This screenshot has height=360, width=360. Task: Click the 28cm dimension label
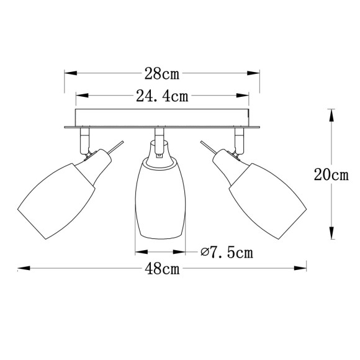tap(162, 74)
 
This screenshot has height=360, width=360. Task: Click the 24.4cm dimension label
tap(162, 96)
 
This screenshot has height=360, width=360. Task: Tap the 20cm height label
tap(331, 174)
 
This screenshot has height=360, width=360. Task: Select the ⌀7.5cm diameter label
tap(227, 253)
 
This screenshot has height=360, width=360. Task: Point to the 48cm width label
tap(162, 269)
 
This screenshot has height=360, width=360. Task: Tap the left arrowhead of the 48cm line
tap(20, 269)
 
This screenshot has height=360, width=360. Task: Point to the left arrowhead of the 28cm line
tap(70, 74)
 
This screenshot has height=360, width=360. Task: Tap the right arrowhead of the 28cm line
tap(255, 74)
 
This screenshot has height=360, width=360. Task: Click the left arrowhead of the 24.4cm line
tap(80, 96)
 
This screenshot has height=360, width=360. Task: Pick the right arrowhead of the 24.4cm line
tap(245, 96)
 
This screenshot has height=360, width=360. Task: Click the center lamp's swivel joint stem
tap(160, 143)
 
